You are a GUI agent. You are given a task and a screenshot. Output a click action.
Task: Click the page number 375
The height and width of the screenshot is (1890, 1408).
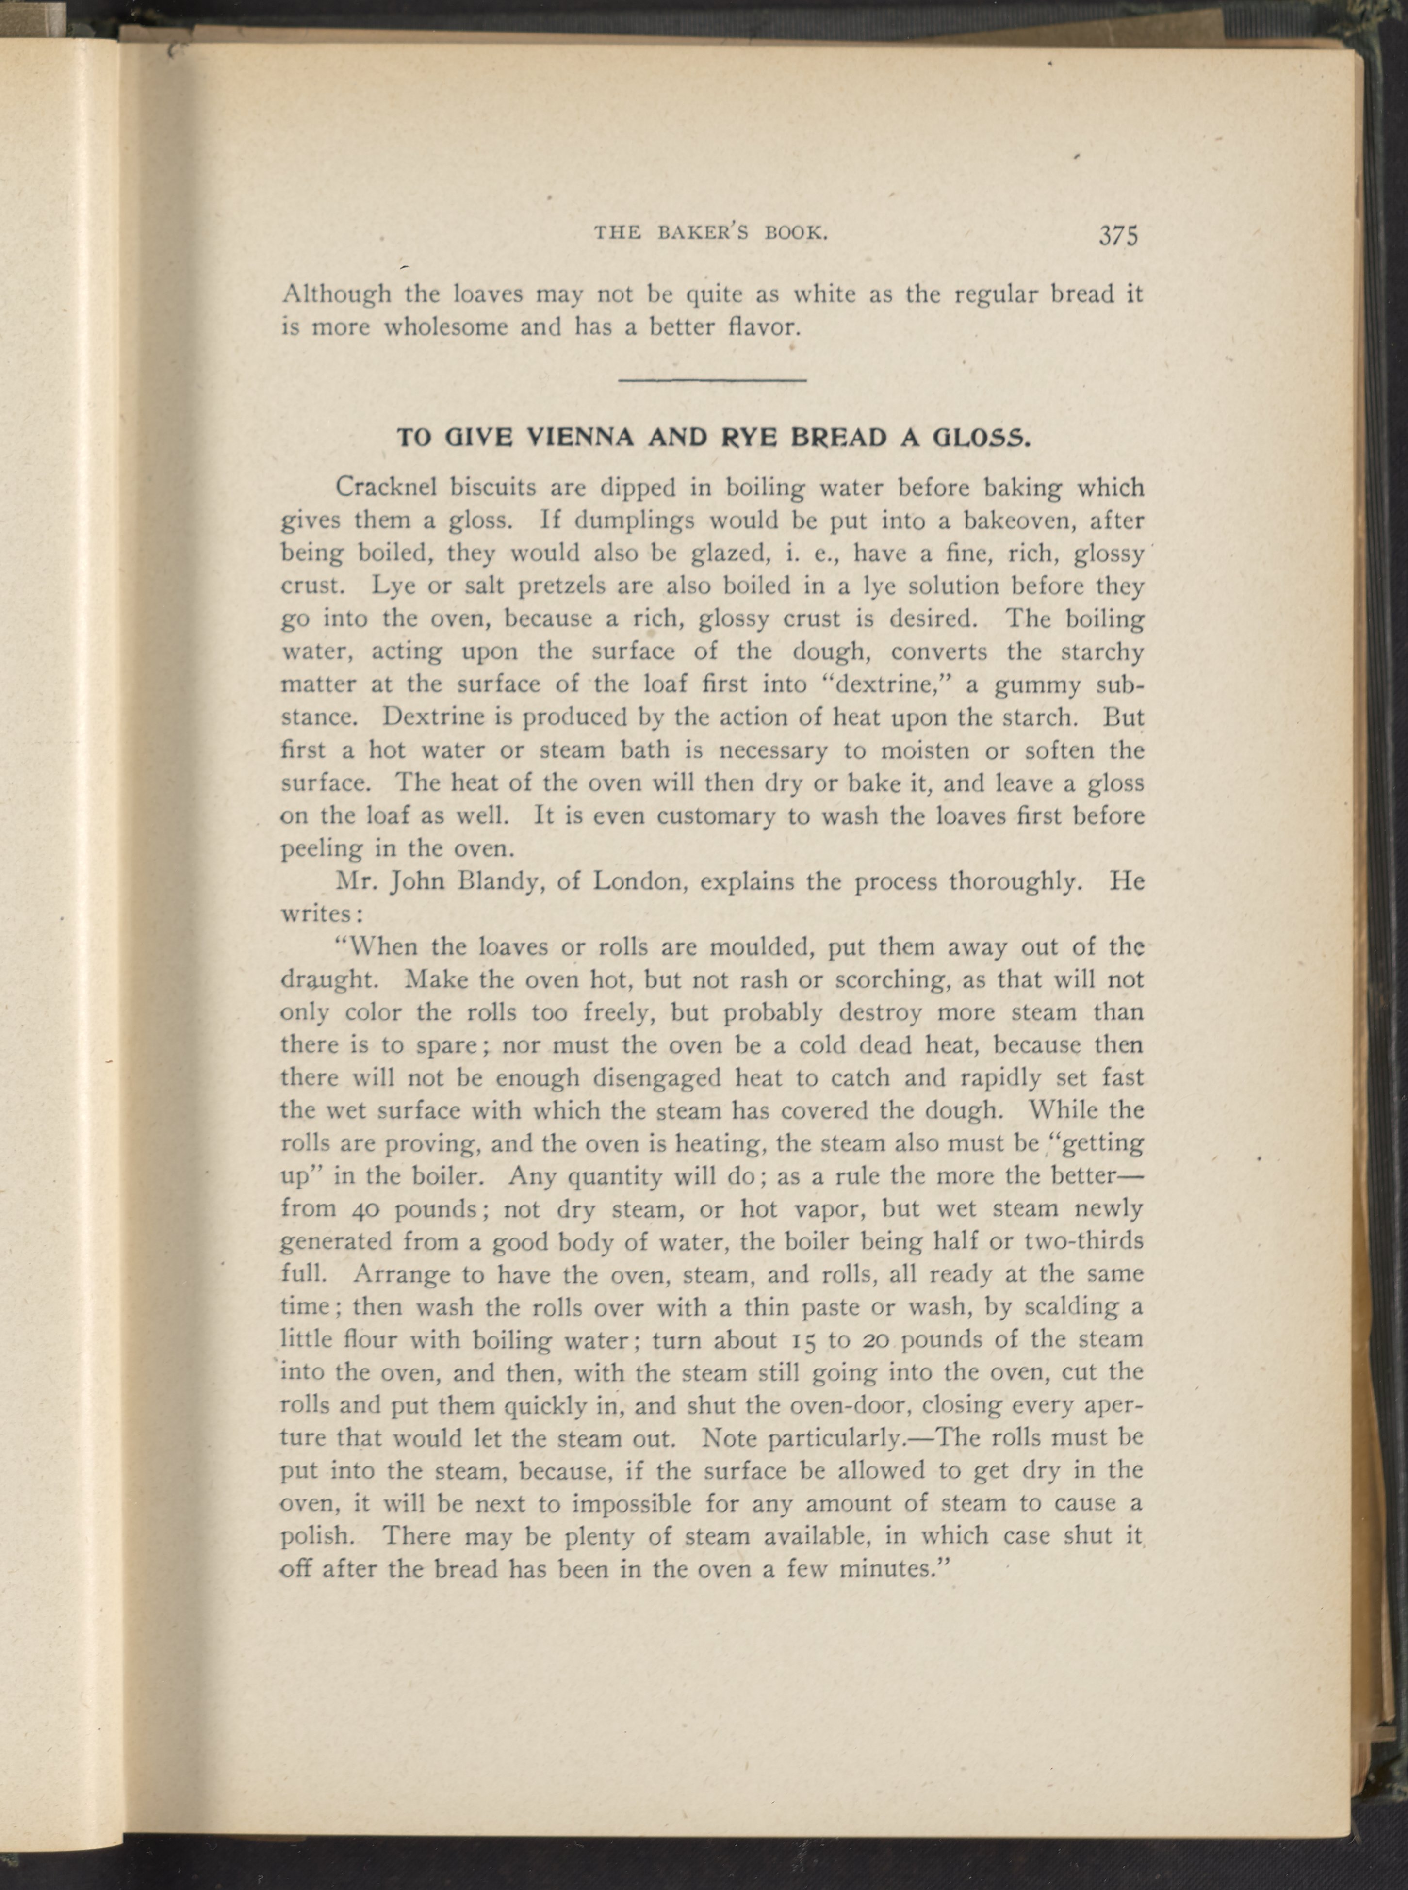coord(1118,235)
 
